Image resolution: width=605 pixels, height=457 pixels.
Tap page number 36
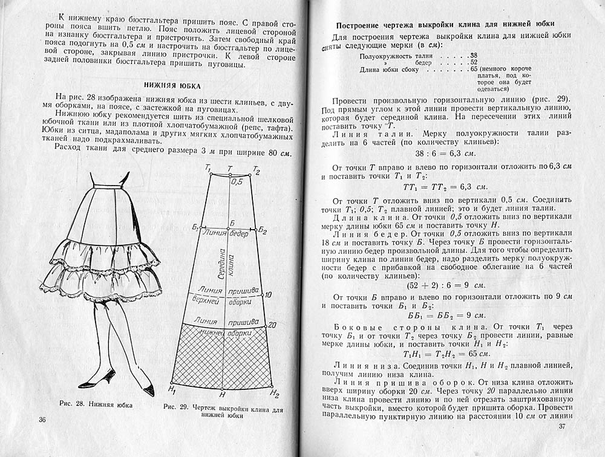pyautogui.click(x=42, y=420)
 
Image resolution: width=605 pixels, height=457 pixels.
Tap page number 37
pyautogui.click(x=561, y=427)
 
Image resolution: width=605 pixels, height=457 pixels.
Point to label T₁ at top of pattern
pyautogui.click(x=208, y=168)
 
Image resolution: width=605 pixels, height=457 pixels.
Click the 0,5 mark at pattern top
pyautogui.click(x=237, y=181)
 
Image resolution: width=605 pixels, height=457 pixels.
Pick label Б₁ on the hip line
pyautogui.click(x=195, y=227)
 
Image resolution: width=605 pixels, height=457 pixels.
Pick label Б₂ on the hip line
pyautogui.click(x=262, y=230)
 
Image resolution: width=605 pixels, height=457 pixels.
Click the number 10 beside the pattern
pyautogui.click(x=268, y=294)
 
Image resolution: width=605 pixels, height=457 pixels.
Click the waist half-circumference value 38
pyautogui.click(x=474, y=54)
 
